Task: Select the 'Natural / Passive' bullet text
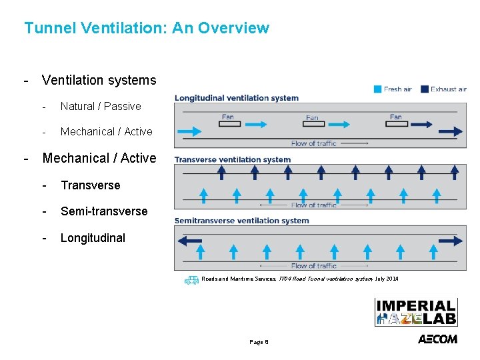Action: [101, 106]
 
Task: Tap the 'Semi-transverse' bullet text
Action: [104, 211]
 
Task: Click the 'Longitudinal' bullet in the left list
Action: [93, 238]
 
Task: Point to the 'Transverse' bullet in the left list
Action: [91, 185]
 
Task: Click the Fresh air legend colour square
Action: [377, 89]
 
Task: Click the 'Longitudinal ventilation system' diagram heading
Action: [237, 98]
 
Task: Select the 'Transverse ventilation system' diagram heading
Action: [233, 159]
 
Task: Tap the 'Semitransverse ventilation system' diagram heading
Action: [241, 221]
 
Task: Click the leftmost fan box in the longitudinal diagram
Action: [228, 123]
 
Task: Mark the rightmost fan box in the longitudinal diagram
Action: [396, 123]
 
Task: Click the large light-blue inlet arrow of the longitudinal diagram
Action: [189, 131]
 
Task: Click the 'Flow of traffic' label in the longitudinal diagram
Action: [313, 143]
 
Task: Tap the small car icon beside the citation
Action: [191, 280]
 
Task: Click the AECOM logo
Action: [437, 339]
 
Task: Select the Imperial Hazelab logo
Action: [416, 311]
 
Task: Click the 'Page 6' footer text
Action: [259, 342]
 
